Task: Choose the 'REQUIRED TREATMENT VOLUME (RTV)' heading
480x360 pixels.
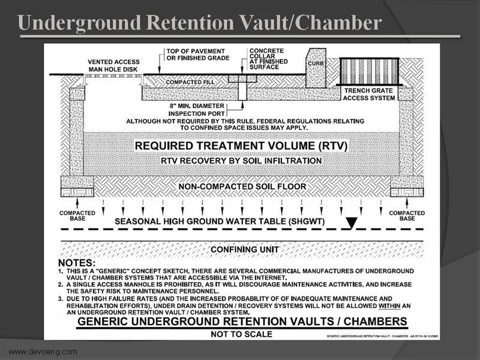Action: (241, 145)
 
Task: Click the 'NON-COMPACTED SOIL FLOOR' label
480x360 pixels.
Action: (242, 187)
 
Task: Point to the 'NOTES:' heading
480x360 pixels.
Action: (76, 263)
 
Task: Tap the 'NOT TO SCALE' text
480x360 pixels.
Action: (238, 334)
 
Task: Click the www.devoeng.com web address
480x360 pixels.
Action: (43, 351)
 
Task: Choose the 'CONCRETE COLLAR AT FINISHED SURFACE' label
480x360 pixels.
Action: (266, 59)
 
